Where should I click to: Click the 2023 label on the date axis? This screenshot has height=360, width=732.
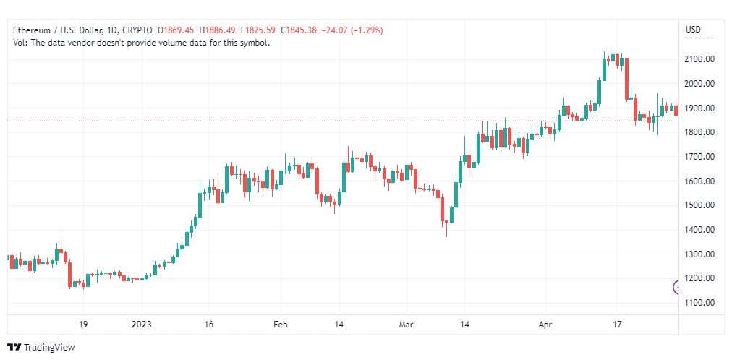(142, 325)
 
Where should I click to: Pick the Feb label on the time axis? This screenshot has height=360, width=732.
(281, 325)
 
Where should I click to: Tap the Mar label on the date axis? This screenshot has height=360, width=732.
(407, 325)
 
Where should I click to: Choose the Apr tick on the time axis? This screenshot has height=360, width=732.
(545, 325)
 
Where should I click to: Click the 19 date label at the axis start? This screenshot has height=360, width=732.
(83, 325)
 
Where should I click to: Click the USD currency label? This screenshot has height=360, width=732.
(693, 30)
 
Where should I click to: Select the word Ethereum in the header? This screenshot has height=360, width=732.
(32, 30)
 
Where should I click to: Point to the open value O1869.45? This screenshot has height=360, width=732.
(176, 30)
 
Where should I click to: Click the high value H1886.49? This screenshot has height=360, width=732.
(218, 30)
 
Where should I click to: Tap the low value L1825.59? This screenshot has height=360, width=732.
(258, 30)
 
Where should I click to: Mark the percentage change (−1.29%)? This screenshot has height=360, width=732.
(364, 30)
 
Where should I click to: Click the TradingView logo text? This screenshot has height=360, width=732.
(49, 348)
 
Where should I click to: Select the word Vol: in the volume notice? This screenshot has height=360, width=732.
(20, 43)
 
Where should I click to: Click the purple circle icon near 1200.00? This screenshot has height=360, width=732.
(676, 287)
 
